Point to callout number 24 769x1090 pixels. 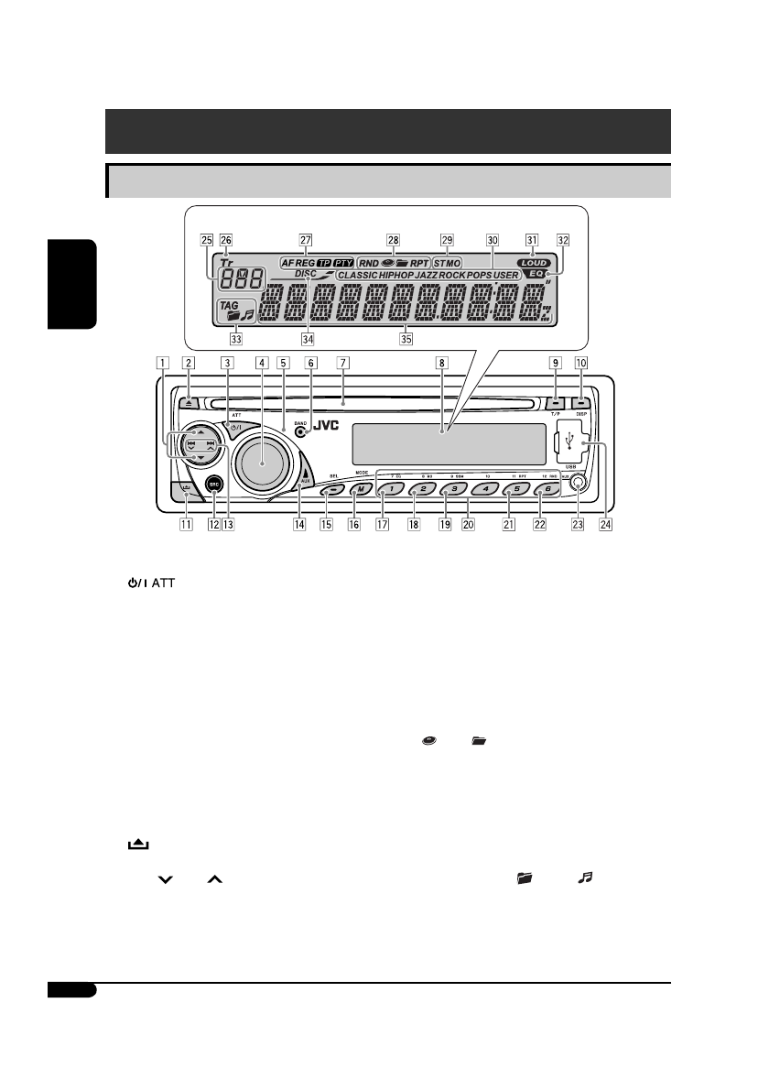click(606, 527)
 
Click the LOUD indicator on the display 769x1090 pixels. click(533, 262)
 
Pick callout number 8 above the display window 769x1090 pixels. click(441, 362)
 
